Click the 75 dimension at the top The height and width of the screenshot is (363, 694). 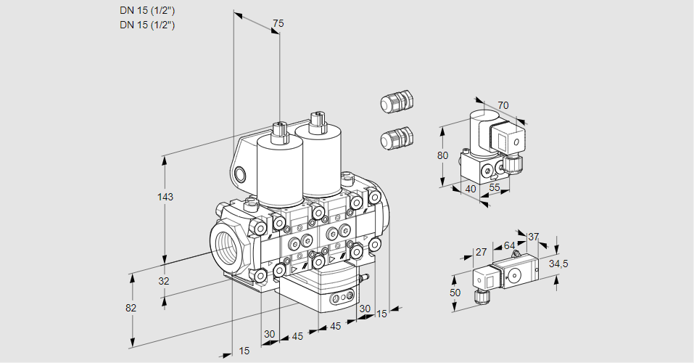click(x=277, y=24)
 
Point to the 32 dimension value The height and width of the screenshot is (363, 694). click(x=163, y=281)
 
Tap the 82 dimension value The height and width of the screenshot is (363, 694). click(x=131, y=308)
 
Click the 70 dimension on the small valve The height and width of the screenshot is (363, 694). click(x=503, y=105)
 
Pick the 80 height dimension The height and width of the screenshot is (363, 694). click(x=444, y=155)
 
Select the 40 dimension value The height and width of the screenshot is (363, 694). click(x=470, y=189)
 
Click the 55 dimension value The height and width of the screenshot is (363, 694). click(x=495, y=187)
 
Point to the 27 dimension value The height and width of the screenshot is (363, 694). click(x=480, y=253)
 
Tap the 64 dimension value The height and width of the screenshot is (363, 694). click(x=509, y=245)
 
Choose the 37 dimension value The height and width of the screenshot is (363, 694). click(x=534, y=237)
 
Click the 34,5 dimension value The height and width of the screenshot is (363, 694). click(x=558, y=264)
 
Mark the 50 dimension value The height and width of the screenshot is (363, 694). click(x=455, y=292)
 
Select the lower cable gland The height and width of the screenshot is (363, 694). click(x=396, y=137)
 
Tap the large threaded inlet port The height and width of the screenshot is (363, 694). click(x=227, y=243)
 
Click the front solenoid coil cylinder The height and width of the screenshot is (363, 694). click(x=279, y=171)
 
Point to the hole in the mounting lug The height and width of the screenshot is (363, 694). click(x=240, y=174)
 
